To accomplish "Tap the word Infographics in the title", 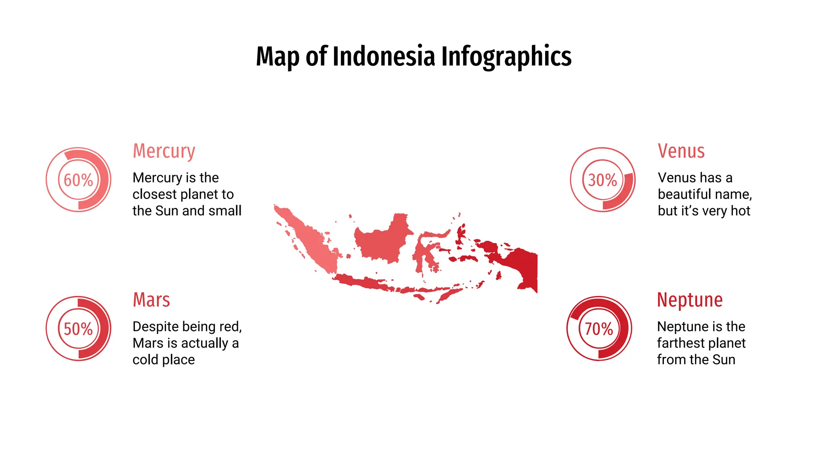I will (506, 56).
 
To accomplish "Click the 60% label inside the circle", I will (78, 180).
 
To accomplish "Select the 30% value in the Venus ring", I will (602, 180).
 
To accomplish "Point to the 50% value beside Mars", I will (78, 329).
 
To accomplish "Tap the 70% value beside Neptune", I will (599, 329).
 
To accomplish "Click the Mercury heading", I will (164, 151).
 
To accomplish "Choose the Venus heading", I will (681, 151).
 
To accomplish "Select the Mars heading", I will (151, 300).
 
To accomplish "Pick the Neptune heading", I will (690, 300).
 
